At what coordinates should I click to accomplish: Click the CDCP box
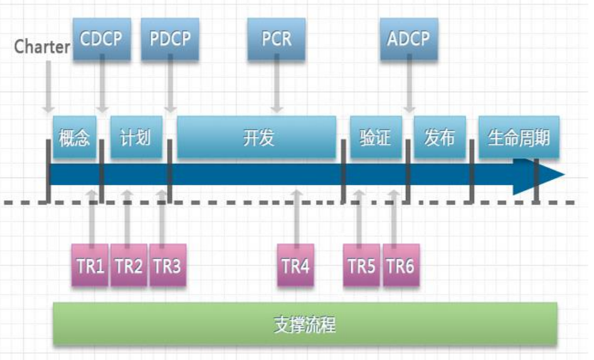coord(100,39)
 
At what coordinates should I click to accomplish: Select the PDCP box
coord(170,39)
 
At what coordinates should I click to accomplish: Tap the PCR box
coord(277,39)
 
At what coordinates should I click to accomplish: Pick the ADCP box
coord(408,39)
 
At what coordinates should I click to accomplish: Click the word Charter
coord(42,46)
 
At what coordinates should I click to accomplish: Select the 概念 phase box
coord(75,137)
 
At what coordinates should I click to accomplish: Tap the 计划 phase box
coord(135,137)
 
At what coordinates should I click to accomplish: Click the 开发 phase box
coord(257,137)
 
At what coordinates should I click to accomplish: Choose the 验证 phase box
coord(375,137)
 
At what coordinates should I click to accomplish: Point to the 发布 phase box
coord(439,137)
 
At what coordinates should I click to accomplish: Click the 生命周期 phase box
coord(517,137)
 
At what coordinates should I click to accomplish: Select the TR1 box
coord(90,266)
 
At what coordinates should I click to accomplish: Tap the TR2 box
coord(129,266)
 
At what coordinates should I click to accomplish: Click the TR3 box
coord(167,266)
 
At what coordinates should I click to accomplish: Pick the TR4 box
coord(295,266)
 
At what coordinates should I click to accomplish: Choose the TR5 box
coord(361,266)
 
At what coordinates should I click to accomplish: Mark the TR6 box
coord(400,266)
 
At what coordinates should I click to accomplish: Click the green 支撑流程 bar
coord(305,324)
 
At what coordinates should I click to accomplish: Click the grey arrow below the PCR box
coord(277,88)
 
